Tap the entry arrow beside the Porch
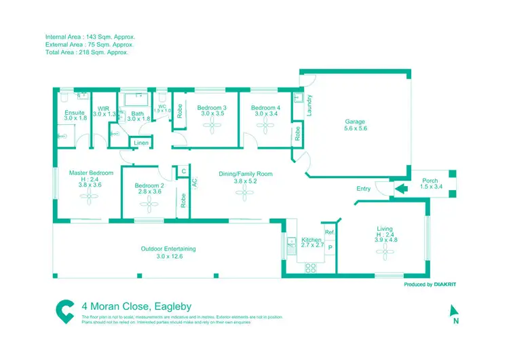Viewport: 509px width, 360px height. [400, 189]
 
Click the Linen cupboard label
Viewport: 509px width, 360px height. [140, 143]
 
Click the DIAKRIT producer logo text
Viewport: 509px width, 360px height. [442, 285]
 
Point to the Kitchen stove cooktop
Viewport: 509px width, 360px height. [312, 266]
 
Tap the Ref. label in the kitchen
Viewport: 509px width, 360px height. [329, 233]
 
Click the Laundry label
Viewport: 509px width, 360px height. [309, 106]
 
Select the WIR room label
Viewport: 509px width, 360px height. [103, 108]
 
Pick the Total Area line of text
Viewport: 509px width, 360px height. [86, 52]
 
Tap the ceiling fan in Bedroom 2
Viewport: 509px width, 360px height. [149, 203]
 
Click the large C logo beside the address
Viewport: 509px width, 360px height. [64, 311]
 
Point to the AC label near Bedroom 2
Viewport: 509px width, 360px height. [194, 183]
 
